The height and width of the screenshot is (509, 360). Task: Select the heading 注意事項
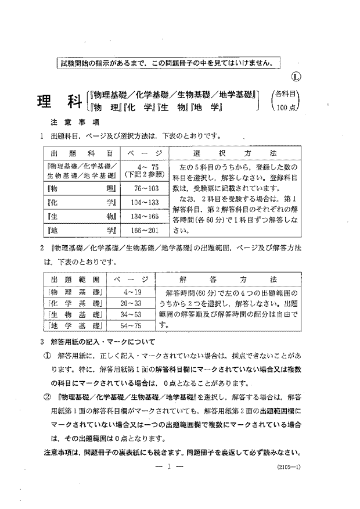tap(68, 123)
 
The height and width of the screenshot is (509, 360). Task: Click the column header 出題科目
tap(80, 152)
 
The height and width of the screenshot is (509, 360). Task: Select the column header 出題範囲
tap(75, 278)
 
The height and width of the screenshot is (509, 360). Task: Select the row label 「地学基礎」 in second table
tap(75, 325)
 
